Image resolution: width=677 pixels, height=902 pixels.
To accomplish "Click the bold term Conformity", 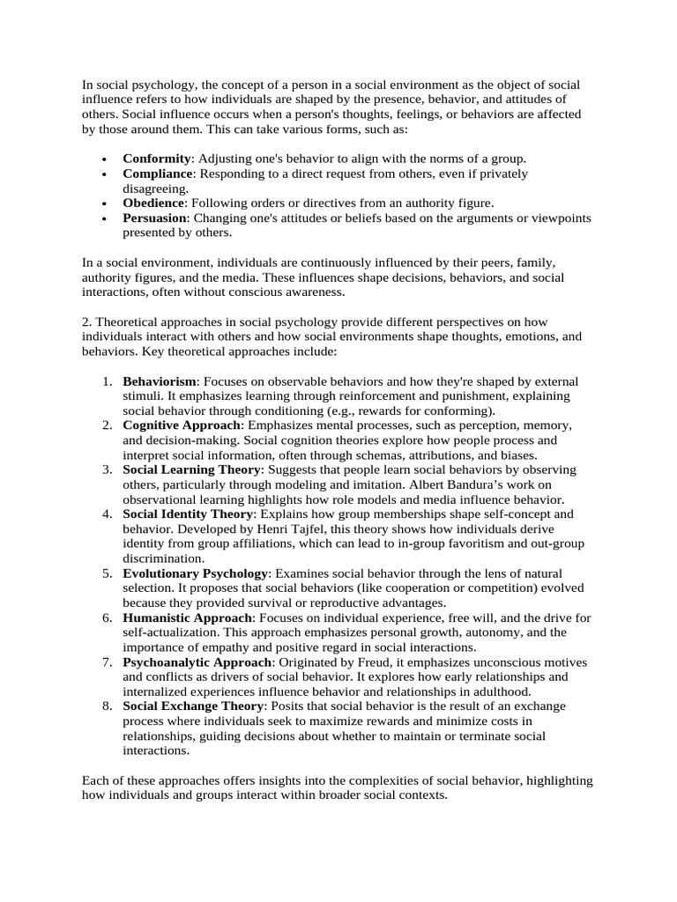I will coord(156,159).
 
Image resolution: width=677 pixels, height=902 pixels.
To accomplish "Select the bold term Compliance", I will coord(158,174).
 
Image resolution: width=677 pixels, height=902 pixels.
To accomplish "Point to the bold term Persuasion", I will coord(154,218).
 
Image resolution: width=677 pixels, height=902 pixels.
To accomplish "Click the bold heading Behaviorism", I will coord(160,381).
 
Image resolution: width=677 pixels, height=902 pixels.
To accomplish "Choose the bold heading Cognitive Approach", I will coord(181,425).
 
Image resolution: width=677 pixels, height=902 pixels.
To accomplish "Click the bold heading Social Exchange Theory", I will coord(193,706).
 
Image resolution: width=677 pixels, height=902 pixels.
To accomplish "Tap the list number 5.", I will coord(105,573).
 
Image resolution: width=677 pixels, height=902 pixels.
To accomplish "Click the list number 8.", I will coord(105,706).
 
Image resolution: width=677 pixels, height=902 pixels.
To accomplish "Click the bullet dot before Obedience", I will coord(105,203).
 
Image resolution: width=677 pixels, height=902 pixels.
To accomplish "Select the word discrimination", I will coord(163,558).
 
